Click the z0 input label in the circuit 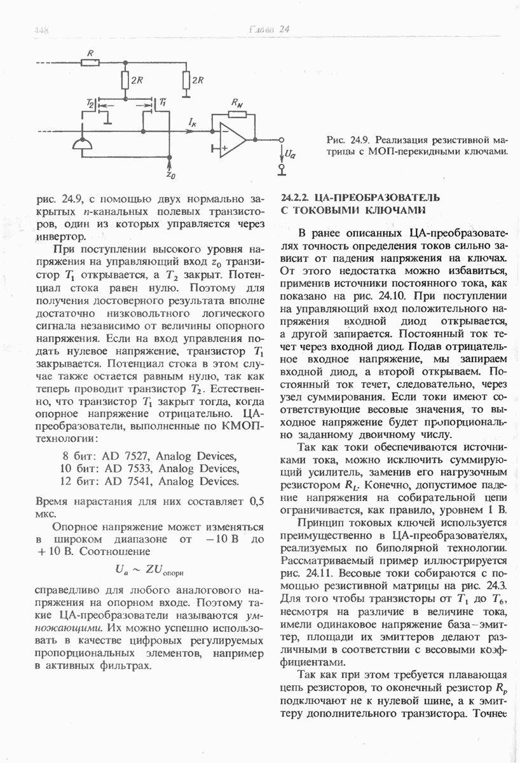pos(170,172)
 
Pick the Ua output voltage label pos(289,153)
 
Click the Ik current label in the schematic pos(193,120)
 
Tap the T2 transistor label pos(90,102)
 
